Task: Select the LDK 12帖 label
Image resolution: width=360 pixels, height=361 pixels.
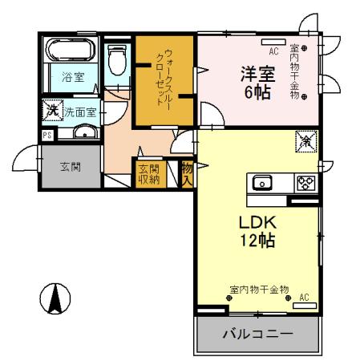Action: click(257, 229)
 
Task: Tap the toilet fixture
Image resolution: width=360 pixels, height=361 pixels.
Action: click(116, 60)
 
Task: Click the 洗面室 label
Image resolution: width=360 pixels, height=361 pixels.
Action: click(80, 110)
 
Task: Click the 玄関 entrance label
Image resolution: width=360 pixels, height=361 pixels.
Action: click(70, 167)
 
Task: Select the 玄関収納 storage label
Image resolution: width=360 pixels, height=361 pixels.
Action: click(148, 173)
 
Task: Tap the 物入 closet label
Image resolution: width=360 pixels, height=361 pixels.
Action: click(187, 173)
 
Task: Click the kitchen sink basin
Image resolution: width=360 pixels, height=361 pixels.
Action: click(263, 182)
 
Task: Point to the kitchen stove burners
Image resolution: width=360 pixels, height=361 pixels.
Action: click(305, 182)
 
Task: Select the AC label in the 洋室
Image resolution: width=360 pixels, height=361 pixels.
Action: click(273, 51)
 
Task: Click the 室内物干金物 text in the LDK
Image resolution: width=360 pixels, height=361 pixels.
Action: click(258, 289)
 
